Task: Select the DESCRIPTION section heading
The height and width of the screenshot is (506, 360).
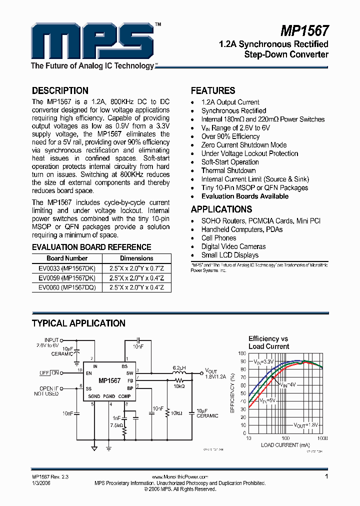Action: [60, 90]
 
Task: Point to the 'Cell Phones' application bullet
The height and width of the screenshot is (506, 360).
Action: [218, 238]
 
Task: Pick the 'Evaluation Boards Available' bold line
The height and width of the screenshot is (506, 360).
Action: [244, 196]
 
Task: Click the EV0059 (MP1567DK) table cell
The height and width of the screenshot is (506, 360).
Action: [67, 278]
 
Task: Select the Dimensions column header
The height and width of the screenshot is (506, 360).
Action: [136, 258]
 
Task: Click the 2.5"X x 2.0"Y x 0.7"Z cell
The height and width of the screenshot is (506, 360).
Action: [136, 268]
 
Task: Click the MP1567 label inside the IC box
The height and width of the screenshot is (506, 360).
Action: [109, 380]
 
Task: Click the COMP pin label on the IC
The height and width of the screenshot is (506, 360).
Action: [124, 396]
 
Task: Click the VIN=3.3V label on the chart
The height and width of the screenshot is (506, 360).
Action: [263, 361]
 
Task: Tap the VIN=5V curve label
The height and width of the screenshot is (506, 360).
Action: [268, 401]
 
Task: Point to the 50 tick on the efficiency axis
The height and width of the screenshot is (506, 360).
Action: [242, 393]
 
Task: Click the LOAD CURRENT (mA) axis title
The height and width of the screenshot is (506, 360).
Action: [285, 445]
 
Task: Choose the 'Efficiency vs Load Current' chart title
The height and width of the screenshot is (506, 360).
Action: [268, 342]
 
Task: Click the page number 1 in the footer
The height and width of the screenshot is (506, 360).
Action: [326, 477]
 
